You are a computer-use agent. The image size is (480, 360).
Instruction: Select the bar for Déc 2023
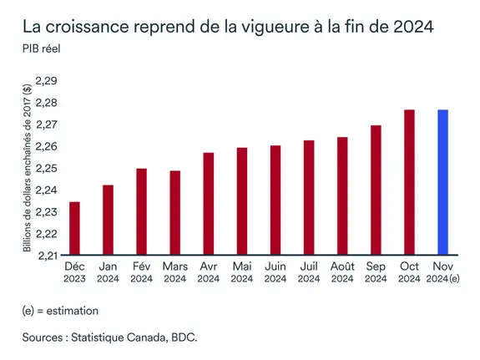pos(74,228)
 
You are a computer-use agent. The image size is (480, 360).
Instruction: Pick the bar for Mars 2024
pos(174,212)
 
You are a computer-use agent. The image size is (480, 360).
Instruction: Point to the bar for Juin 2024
pos(275,200)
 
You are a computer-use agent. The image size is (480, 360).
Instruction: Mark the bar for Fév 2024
pos(141,211)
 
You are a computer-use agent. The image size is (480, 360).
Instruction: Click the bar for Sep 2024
pos(376,190)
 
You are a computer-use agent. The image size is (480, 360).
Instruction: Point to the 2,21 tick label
pos(46,255)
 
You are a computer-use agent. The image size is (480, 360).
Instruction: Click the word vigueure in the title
pos(265,25)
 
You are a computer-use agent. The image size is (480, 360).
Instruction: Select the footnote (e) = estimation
pos(60,311)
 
